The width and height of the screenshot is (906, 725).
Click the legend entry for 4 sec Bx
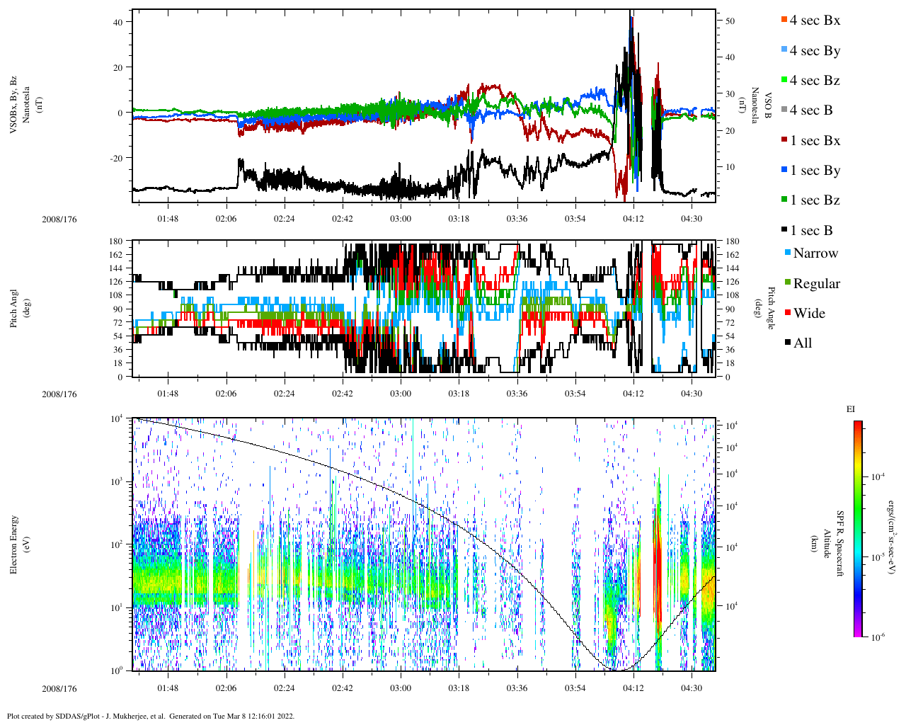[x=814, y=21]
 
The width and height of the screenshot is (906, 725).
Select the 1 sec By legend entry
[x=814, y=171]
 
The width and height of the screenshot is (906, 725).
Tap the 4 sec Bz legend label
[x=814, y=81]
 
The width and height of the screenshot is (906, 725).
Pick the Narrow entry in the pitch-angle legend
[x=814, y=253]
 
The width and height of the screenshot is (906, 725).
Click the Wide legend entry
[x=808, y=314]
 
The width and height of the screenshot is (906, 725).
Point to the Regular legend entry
[x=815, y=284]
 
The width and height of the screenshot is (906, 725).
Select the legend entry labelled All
[x=802, y=343]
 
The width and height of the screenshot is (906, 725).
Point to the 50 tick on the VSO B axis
[x=730, y=21]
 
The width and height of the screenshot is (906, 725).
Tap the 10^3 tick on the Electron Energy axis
[x=116, y=481]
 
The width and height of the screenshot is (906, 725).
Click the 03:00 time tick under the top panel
[x=401, y=219]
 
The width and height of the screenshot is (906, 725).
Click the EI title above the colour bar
[x=851, y=409]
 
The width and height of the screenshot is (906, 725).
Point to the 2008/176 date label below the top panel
[x=59, y=219]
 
